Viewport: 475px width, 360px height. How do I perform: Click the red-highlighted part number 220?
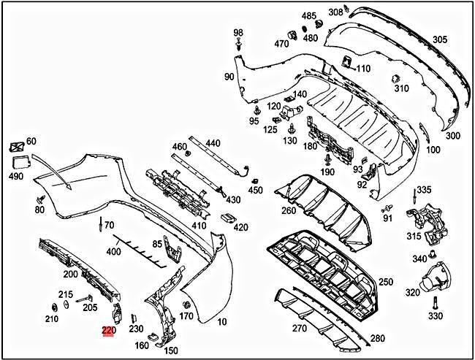pyautogui.click(x=108, y=331)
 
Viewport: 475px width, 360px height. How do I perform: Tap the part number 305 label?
pyautogui.click(x=440, y=39)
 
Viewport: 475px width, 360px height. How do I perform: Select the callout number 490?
pyautogui.click(x=15, y=177)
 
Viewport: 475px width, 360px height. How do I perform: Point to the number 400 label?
pyautogui.click(x=113, y=252)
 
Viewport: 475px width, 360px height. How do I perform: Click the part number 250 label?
pyautogui.click(x=385, y=282)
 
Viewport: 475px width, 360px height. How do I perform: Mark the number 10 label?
pyautogui.click(x=222, y=322)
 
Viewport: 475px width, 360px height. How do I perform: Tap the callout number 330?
pyautogui.click(x=436, y=316)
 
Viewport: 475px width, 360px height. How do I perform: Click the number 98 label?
pyautogui.click(x=238, y=34)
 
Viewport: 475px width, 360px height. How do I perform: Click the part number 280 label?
pyautogui.click(x=377, y=340)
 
